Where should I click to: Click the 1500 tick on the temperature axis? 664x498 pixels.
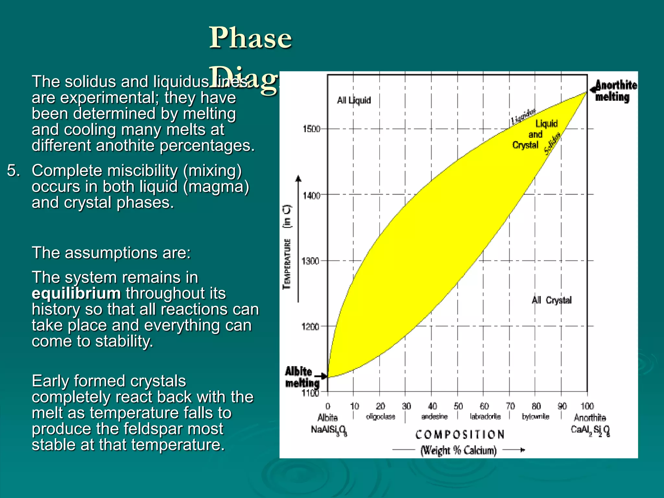311,129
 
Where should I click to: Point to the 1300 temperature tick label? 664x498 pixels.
310,261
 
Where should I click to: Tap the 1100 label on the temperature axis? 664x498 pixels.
311,393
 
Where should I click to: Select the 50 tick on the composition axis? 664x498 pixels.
458,406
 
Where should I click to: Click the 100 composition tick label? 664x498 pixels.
587,406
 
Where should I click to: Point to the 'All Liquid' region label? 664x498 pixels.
354,100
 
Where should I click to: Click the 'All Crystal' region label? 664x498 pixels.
551,300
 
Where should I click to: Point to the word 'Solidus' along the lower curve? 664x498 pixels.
552,144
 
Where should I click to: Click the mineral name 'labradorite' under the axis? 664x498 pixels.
485,417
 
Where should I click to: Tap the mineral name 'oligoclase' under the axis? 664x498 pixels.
381,417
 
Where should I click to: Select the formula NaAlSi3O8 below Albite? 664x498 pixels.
328,430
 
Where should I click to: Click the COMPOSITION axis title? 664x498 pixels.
460,434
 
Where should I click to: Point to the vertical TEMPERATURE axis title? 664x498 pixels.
287,263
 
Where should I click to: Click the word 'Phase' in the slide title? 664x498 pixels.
250,38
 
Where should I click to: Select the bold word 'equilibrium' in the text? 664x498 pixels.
77,293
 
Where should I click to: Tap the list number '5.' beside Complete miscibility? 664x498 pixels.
14,171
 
